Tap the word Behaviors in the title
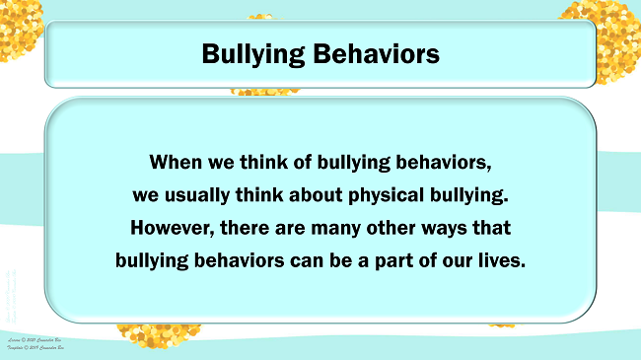click(381, 54)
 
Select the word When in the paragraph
click(178, 160)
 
